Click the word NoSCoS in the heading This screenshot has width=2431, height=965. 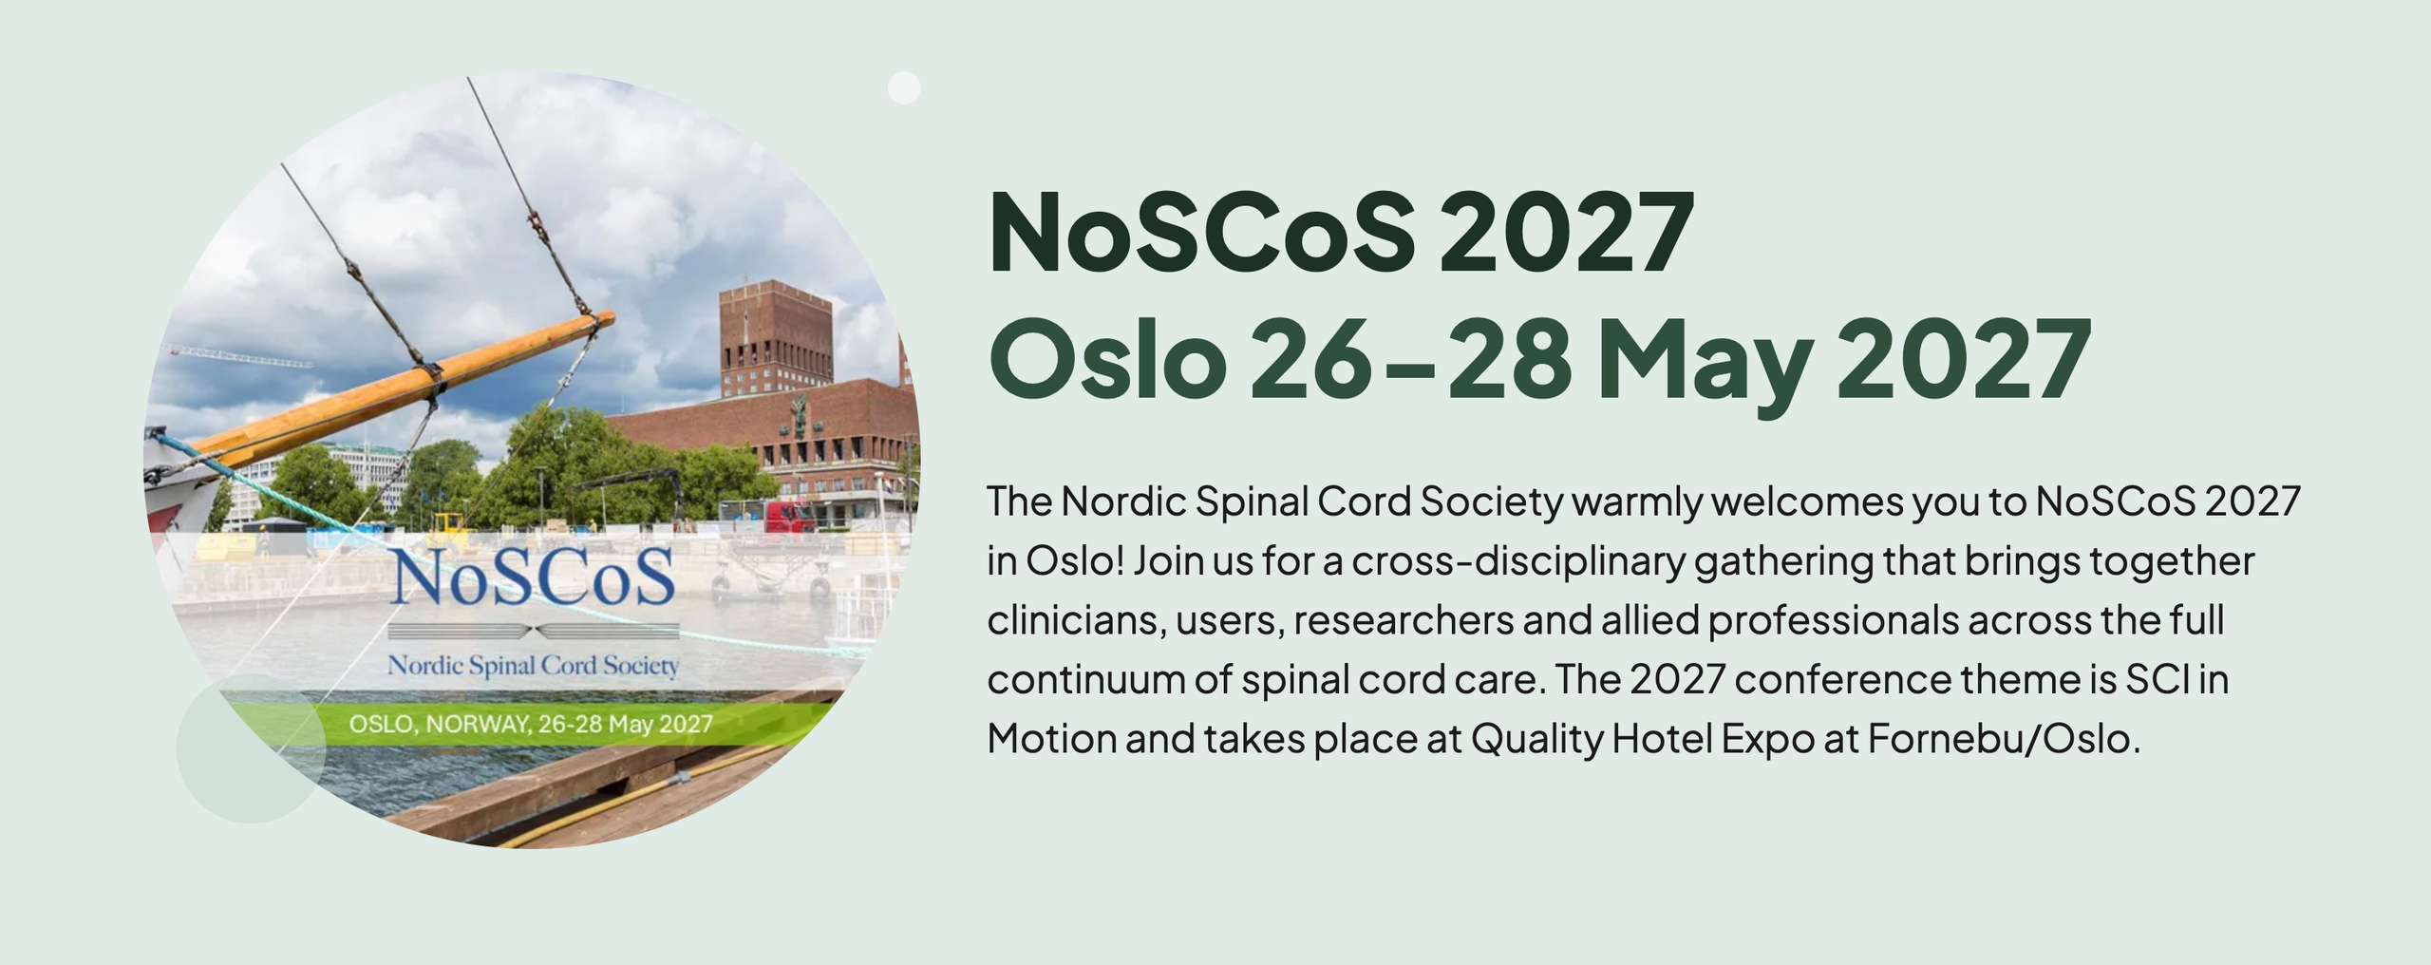click(1202, 232)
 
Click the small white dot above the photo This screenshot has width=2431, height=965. click(903, 87)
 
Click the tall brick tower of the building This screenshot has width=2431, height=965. click(776, 337)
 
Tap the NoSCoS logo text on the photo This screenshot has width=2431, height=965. click(533, 577)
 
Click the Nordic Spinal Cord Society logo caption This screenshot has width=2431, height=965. click(533, 666)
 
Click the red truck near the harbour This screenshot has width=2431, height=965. click(787, 516)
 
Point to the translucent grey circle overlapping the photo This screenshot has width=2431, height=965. click(251, 748)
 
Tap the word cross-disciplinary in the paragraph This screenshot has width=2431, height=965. click(1517, 560)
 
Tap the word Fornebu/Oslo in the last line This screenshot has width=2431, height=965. click(2004, 739)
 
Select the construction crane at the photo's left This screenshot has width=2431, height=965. click(241, 357)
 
